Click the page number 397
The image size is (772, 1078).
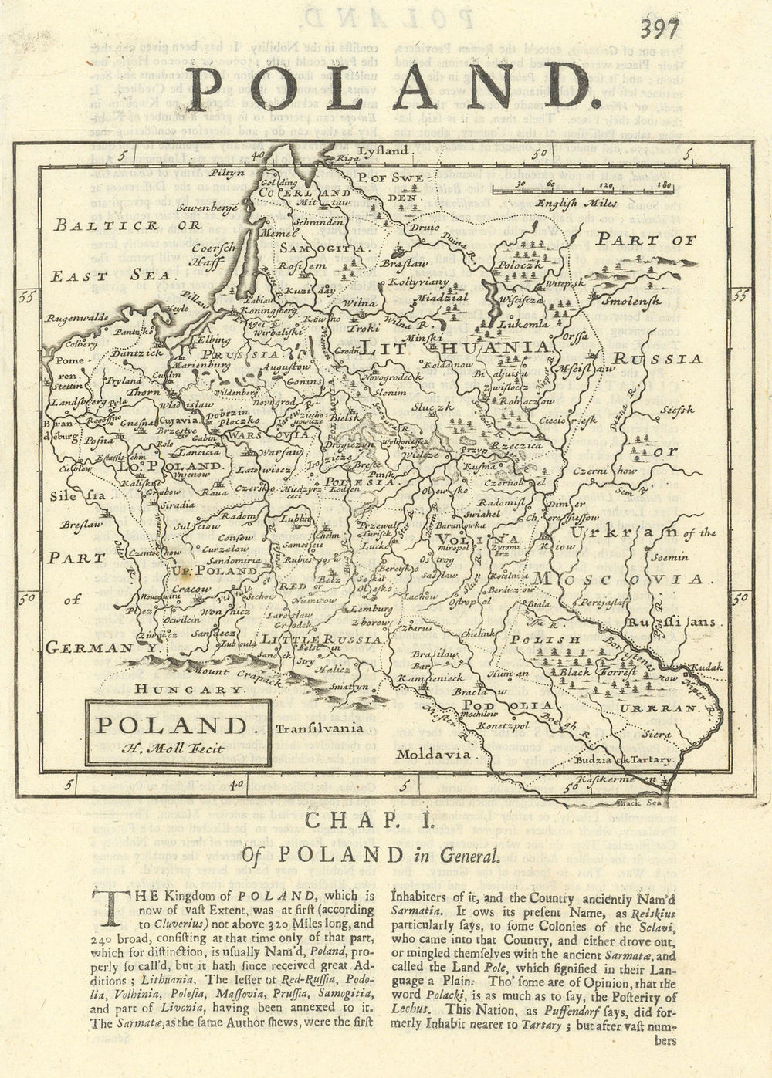(x=658, y=29)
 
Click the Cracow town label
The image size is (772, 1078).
(x=191, y=589)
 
